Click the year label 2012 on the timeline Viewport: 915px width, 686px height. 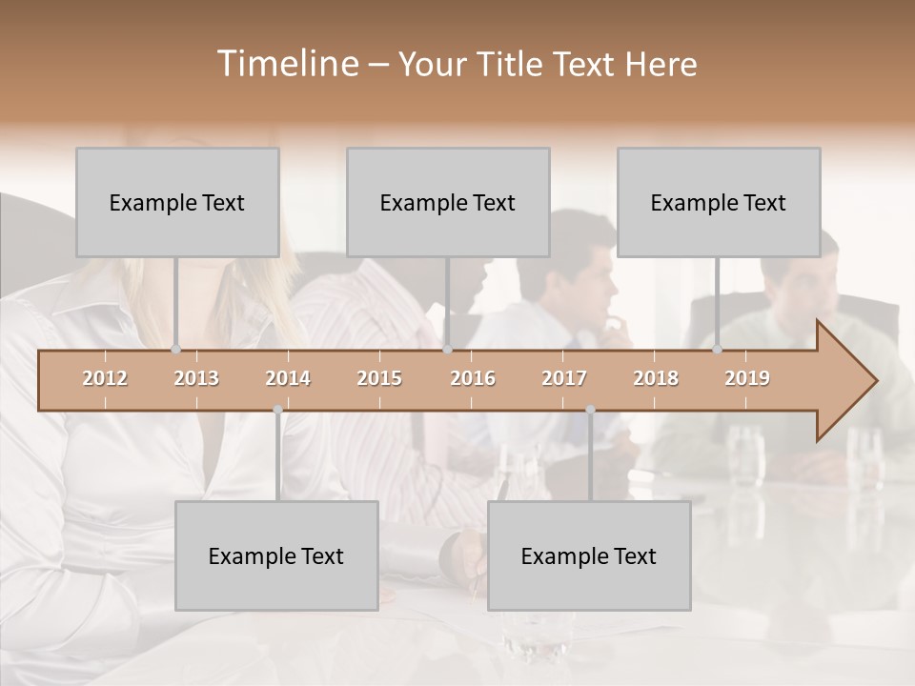(105, 378)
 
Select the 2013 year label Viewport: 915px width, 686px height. (196, 378)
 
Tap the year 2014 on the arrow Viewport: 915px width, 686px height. (288, 378)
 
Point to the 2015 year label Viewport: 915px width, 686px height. (379, 378)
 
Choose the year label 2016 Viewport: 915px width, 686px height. (473, 378)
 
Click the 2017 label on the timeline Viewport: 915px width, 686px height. (564, 378)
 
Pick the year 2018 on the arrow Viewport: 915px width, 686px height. (656, 378)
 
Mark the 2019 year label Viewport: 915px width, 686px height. (747, 378)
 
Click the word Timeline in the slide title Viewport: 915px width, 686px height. (287, 64)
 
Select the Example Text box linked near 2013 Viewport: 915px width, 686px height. (177, 202)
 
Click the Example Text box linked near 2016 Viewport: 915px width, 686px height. (448, 202)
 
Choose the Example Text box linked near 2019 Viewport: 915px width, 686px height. (719, 202)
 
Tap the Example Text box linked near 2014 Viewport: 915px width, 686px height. (276, 555)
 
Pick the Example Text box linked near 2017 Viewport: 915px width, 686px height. (589, 555)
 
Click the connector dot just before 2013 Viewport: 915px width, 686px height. (176, 350)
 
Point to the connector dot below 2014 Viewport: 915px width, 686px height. (277, 410)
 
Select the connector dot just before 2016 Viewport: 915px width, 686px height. (448, 350)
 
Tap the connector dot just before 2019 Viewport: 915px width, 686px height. (718, 350)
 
